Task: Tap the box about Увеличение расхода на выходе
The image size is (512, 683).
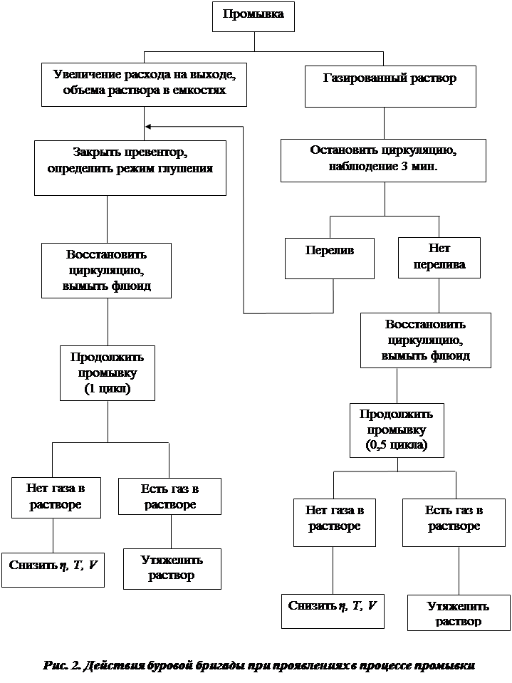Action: (144, 83)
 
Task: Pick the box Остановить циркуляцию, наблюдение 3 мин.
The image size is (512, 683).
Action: (382, 160)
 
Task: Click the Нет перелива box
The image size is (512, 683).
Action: (439, 257)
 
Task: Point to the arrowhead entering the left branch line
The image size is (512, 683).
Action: (148, 127)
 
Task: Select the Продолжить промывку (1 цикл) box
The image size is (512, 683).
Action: (107, 372)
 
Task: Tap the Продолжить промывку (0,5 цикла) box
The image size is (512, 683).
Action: (397, 430)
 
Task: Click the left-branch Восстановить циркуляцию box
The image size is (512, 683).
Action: (108, 271)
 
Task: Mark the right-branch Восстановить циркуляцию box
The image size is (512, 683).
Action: (425, 340)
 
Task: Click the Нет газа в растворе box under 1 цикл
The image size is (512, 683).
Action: (55, 496)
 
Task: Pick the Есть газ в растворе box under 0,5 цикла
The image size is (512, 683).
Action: (454, 518)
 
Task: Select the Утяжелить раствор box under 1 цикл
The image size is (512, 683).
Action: (171, 568)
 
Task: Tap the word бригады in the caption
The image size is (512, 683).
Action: (211, 667)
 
